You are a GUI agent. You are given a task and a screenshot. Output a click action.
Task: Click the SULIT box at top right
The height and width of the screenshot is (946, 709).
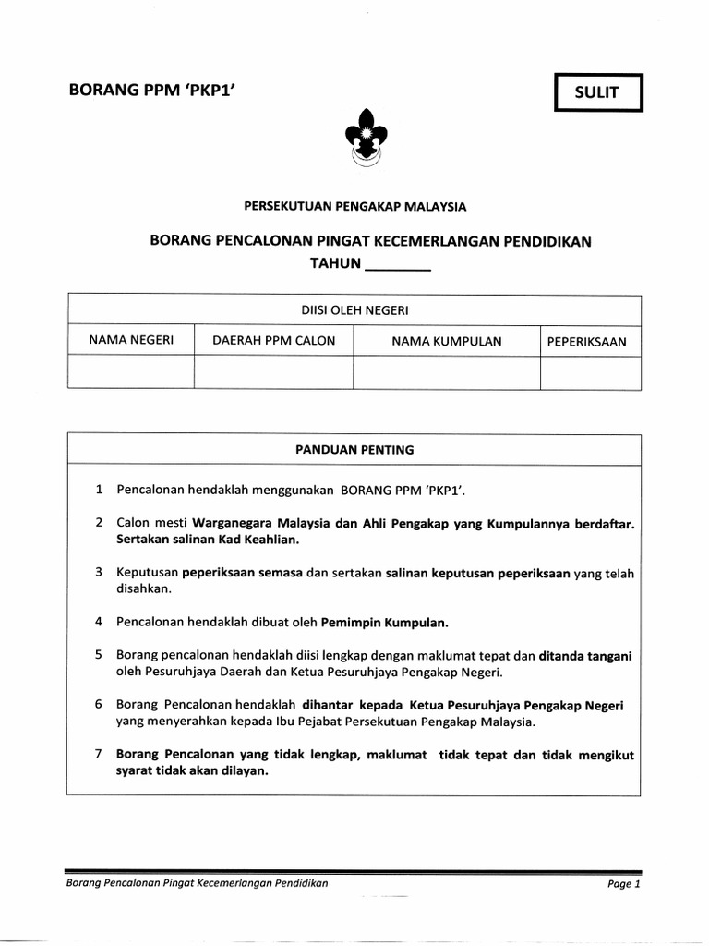click(597, 92)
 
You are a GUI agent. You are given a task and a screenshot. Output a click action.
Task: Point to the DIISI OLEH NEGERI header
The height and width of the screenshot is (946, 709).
click(354, 310)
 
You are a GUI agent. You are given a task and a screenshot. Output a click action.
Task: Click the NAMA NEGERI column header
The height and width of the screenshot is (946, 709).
click(131, 341)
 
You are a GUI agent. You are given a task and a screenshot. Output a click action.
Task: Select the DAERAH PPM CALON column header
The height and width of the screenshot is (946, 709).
click(274, 341)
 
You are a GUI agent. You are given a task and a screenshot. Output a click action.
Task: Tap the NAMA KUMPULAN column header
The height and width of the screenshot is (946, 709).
click(447, 341)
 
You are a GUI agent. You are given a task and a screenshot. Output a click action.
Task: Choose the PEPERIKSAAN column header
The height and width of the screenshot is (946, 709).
click(586, 342)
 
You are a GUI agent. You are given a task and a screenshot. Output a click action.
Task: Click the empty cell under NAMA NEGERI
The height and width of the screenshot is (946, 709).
click(131, 372)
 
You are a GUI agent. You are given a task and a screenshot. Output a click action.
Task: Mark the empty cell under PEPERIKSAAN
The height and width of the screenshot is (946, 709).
click(590, 372)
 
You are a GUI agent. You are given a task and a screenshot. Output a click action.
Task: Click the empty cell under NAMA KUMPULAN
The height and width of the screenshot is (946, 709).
click(447, 372)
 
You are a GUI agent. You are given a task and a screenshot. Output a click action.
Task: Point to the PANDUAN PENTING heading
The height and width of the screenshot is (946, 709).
click(354, 450)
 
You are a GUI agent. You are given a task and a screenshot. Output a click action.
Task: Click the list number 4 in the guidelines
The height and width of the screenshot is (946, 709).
click(98, 621)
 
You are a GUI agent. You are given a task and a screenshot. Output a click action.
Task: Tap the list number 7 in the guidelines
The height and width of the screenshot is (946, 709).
click(98, 755)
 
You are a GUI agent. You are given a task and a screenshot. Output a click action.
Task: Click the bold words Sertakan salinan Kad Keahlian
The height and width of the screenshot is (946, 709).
click(208, 539)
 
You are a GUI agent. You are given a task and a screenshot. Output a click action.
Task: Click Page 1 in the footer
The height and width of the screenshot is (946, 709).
click(623, 884)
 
